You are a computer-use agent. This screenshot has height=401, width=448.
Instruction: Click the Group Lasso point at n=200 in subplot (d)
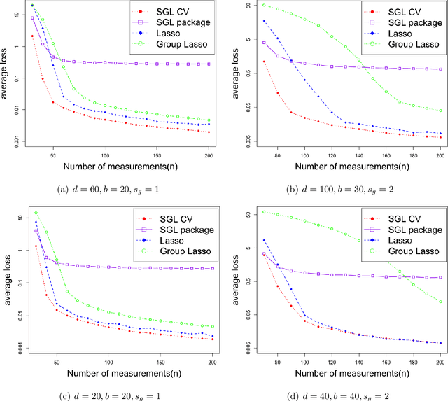[x=440, y=302]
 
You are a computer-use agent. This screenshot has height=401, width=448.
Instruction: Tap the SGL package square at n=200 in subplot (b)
[x=440, y=69]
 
